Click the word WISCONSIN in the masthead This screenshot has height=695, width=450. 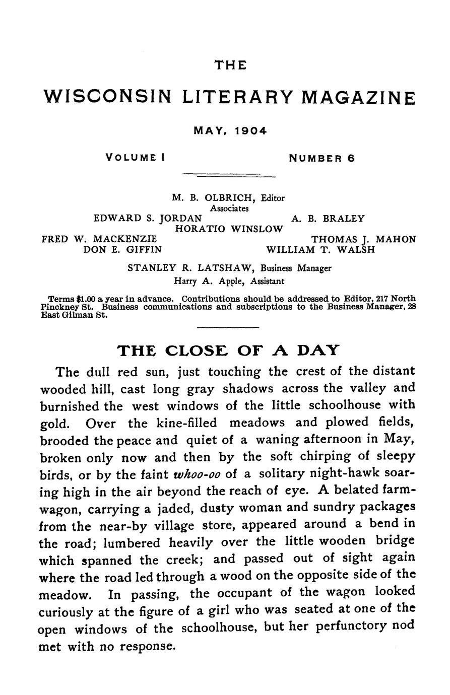coord(108,97)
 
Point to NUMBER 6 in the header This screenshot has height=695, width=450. coord(322,158)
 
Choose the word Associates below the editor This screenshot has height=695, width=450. coord(229,208)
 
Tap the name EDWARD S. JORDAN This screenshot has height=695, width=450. coord(148,219)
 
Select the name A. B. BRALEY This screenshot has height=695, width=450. coord(328,219)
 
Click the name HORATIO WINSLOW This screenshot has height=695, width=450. coord(229,229)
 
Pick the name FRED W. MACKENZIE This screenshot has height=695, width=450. coord(99,239)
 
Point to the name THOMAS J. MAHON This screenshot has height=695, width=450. coord(364,239)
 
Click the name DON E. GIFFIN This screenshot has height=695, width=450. coord(122,249)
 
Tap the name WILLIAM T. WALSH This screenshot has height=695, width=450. coord(320,249)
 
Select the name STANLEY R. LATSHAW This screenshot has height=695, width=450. coord(194,268)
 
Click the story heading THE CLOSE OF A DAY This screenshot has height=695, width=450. coord(228,350)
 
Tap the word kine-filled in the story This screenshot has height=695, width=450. coord(187,422)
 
